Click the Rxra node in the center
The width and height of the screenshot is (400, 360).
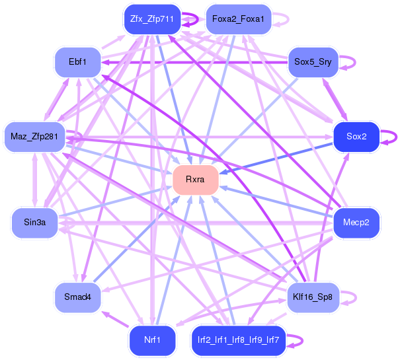(195, 180)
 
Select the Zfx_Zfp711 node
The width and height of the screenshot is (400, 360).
(152, 19)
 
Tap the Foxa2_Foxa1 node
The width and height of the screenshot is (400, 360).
(238, 19)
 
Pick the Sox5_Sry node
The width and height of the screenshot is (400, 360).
(313, 62)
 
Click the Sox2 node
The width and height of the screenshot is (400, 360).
(356, 137)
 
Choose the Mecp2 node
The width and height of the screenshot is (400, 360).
(356, 222)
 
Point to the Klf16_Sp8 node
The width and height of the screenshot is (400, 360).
(313, 297)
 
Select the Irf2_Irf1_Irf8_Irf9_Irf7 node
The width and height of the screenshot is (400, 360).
(238, 340)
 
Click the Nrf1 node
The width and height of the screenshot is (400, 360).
(152, 340)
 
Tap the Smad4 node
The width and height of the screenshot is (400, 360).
(77, 297)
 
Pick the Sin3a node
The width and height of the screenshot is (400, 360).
(34, 222)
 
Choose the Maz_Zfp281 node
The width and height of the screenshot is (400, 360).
(34, 137)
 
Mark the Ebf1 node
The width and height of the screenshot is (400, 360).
(77, 62)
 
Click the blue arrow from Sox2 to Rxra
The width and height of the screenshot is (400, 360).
(278, 157)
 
